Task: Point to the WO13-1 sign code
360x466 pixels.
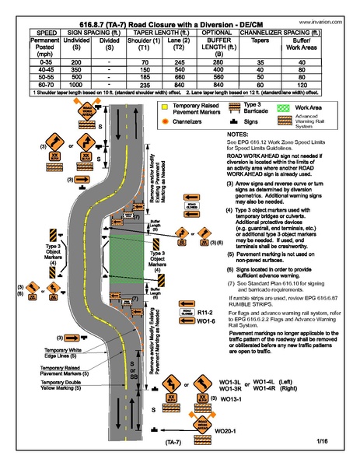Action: pyautogui.click(x=232, y=398)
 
